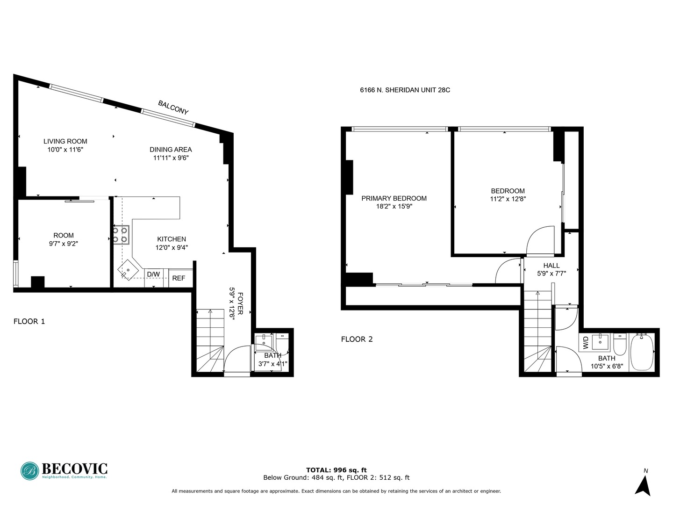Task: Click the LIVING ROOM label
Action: coord(65,141)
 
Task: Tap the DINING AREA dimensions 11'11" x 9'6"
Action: coord(171,158)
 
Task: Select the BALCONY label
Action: coord(173,108)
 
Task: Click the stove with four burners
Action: coord(121,234)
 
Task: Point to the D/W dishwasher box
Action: coord(153,274)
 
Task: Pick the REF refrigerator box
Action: coord(179,278)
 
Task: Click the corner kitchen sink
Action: coord(128,271)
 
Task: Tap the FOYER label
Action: coord(240,304)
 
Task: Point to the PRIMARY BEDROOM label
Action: coord(394,198)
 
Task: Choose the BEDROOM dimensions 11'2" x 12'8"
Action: coord(508,199)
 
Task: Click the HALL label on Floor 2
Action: coord(551,266)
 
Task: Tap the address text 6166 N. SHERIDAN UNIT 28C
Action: coord(405,90)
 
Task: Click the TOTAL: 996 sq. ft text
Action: coord(336,470)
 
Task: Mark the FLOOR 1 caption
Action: coord(29,321)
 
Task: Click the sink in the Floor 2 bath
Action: coord(600,342)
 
